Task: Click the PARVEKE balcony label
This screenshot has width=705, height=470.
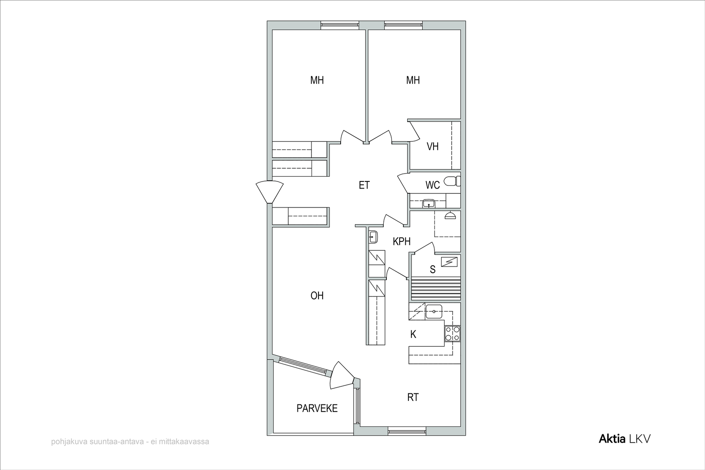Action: tap(317, 408)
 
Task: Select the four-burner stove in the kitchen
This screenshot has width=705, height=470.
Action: tap(452, 333)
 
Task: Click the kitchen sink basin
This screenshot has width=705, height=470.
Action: tap(434, 312)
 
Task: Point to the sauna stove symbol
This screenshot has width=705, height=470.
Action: tap(449, 262)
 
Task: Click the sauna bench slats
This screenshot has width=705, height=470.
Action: tap(436, 289)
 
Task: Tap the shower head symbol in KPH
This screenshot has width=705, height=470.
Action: tap(450, 215)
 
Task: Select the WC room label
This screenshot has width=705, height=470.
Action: tap(432, 185)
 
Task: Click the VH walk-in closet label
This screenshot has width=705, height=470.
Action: tap(432, 147)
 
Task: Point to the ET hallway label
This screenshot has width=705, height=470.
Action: tap(364, 185)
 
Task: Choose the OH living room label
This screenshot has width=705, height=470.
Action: tap(317, 296)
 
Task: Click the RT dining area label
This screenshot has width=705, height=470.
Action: tap(413, 398)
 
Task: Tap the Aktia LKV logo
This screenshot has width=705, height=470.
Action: tap(624, 439)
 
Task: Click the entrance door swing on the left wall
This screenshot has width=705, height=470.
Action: tap(269, 192)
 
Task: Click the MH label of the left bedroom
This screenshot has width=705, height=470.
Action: tap(317, 81)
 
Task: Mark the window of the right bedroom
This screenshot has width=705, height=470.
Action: tap(403, 26)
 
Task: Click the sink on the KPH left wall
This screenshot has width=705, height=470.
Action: tap(373, 237)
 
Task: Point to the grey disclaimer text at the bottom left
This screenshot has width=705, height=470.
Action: tap(130, 442)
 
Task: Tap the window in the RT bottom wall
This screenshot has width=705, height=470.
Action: tap(407, 431)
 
